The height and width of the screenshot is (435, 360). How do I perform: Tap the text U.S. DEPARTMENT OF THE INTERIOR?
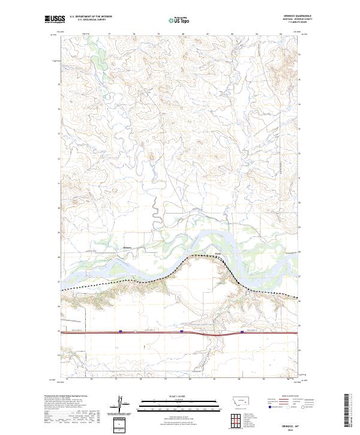91,17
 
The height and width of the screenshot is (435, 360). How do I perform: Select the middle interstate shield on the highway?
181,331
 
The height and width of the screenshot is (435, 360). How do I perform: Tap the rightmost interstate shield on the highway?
242,331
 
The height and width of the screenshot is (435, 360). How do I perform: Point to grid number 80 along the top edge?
182,34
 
